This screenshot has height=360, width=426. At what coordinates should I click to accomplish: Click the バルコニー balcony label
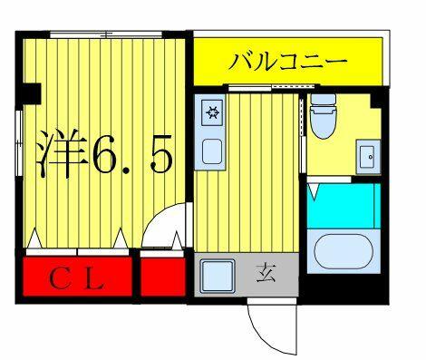coord(287,62)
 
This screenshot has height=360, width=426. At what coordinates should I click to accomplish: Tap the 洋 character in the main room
coord(62,153)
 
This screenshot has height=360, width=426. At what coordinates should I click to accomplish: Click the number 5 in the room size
coord(162,153)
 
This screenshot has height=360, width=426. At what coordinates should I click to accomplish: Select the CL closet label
coord(77,280)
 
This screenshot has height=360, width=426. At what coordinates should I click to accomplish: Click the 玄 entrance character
coord(266,274)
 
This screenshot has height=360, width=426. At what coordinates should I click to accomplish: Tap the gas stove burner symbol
coord(213,112)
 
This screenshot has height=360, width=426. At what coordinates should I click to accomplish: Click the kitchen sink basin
coord(212,151)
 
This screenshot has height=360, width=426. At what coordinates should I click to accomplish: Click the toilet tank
coord(324,100)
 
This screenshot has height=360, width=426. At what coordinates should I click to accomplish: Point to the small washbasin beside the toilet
coord(368,157)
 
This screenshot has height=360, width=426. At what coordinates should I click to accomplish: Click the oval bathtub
coord(344,251)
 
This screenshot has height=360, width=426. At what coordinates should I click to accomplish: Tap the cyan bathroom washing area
coord(344,206)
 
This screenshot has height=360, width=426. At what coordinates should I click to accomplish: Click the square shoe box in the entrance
coord(218,276)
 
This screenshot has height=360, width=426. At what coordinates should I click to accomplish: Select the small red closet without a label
coord(162,277)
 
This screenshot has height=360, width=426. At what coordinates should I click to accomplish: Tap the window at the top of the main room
coord(106,34)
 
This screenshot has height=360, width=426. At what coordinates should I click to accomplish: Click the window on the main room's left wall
coord(19,142)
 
